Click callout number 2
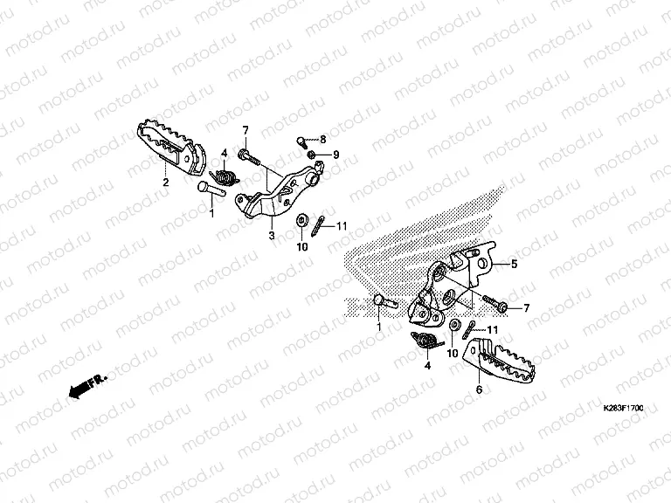165,183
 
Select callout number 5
515,263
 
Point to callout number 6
479,389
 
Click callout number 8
322,140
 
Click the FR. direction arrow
86,385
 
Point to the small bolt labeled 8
303,140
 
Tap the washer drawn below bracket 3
302,219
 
